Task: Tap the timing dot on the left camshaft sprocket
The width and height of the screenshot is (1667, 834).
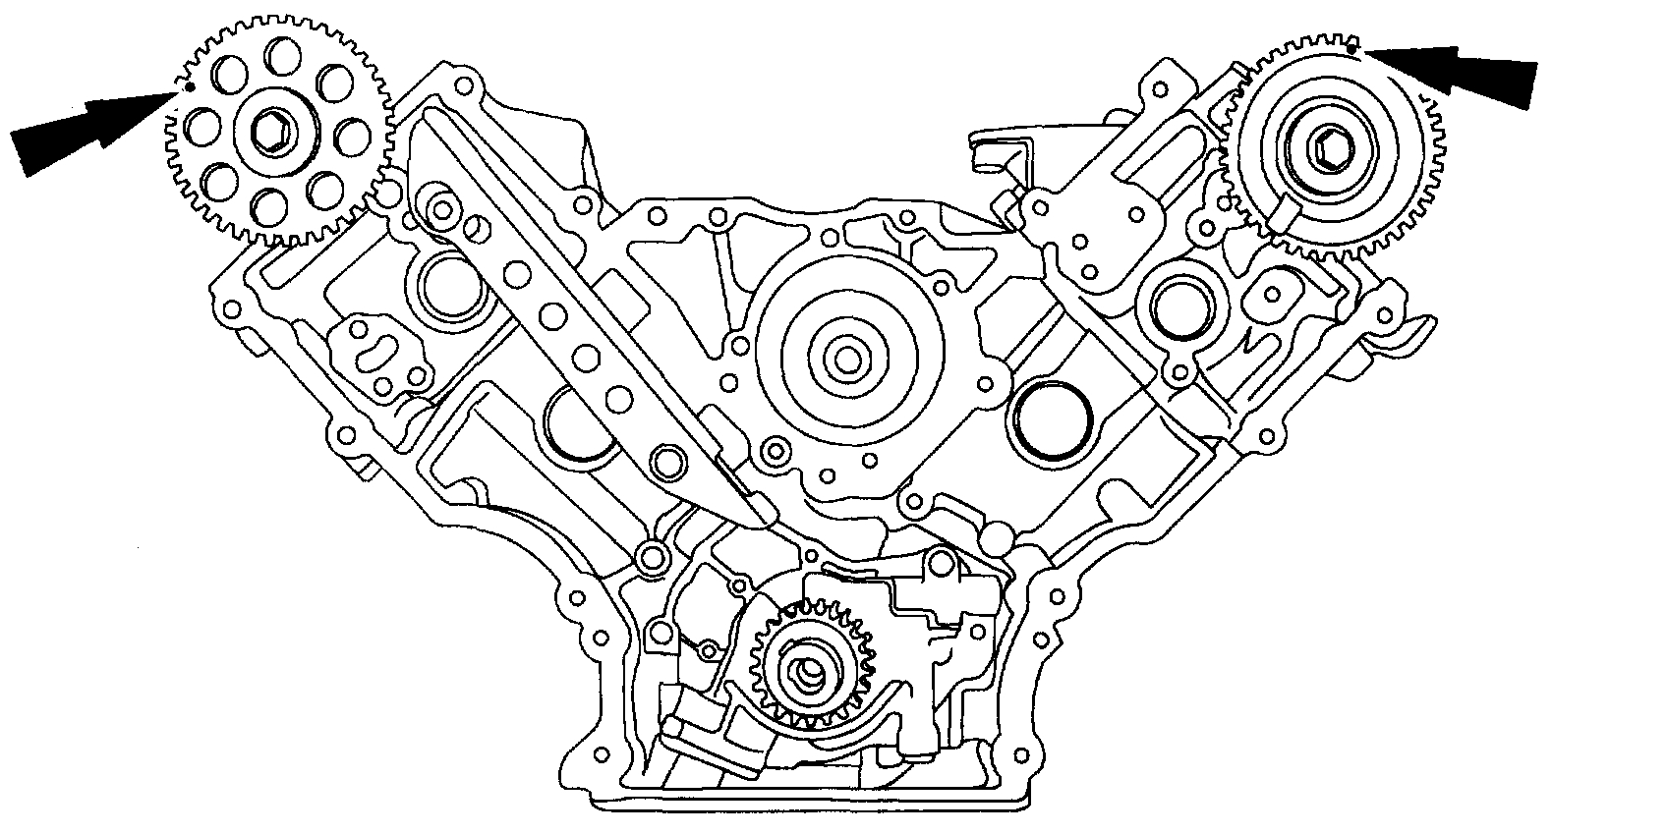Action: [x=189, y=86]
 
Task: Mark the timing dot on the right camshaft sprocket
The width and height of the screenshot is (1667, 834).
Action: [x=1353, y=47]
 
